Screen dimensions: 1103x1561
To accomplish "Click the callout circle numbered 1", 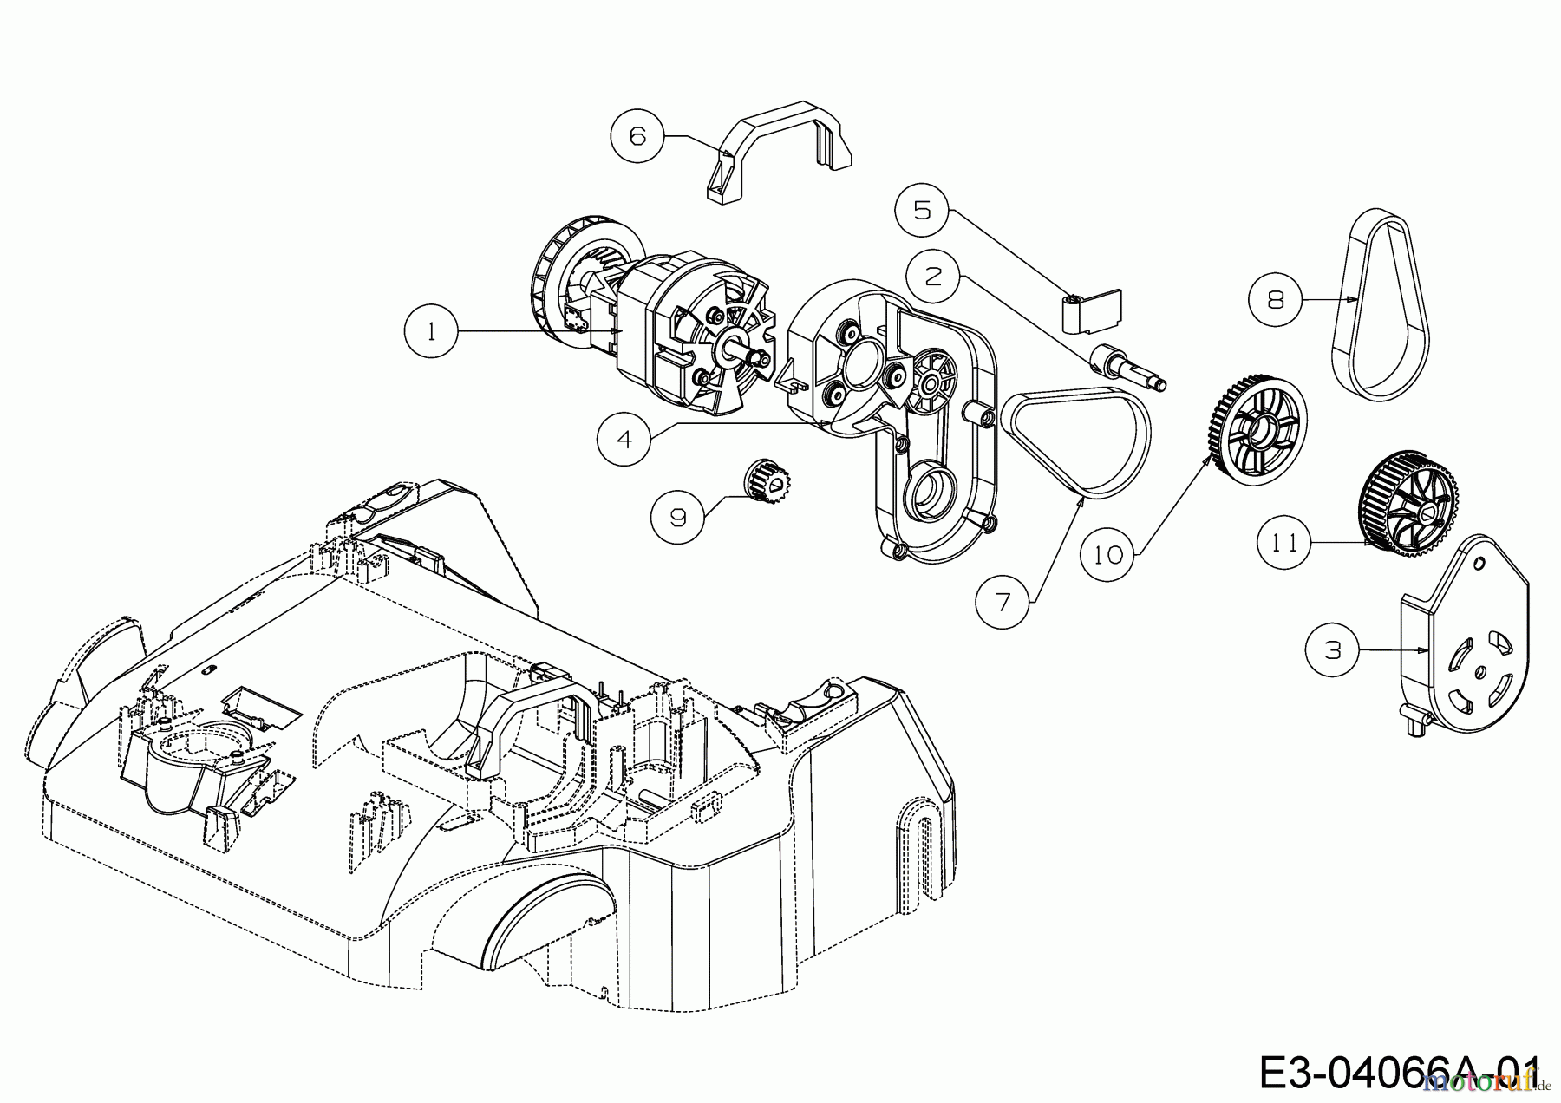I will [x=432, y=331].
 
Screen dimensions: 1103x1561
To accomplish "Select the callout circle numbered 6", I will [x=637, y=136].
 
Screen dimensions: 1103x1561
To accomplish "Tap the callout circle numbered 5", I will [x=923, y=210].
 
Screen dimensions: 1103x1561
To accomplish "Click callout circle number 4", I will [x=624, y=439].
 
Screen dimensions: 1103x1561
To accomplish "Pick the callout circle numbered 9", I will [x=678, y=517].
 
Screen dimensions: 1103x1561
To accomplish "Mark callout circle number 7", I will [x=1003, y=601].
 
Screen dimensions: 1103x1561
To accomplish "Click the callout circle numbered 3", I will [x=1333, y=649].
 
